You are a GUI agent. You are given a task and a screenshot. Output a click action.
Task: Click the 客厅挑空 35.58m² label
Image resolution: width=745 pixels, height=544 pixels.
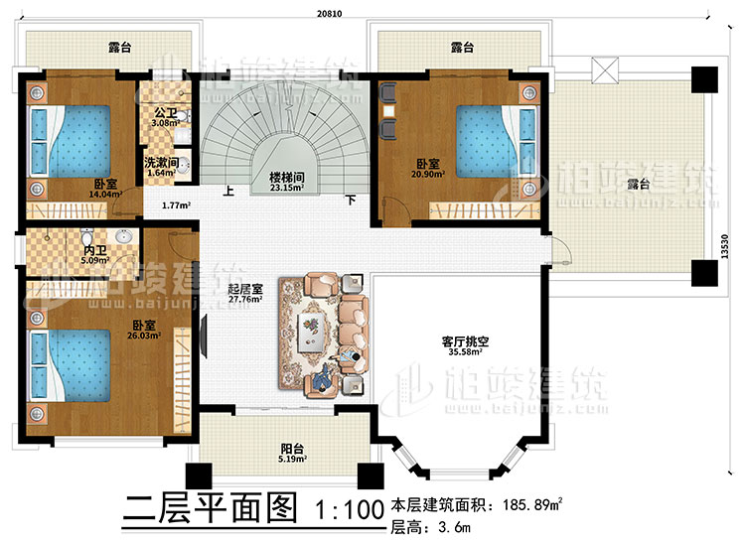461,345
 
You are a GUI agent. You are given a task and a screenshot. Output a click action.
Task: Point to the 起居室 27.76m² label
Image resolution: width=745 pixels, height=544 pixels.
243,293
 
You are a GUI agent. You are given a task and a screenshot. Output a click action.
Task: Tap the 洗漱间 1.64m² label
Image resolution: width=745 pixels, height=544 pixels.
160,168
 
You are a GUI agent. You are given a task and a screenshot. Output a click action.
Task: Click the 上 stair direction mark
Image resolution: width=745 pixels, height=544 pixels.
228,194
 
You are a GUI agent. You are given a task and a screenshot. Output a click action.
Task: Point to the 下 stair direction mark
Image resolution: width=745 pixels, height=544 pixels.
350,199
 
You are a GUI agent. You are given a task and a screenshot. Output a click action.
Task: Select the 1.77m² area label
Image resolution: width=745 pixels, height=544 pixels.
177,206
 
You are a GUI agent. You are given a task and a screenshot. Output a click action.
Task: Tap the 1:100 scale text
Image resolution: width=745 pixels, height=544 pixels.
348,511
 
